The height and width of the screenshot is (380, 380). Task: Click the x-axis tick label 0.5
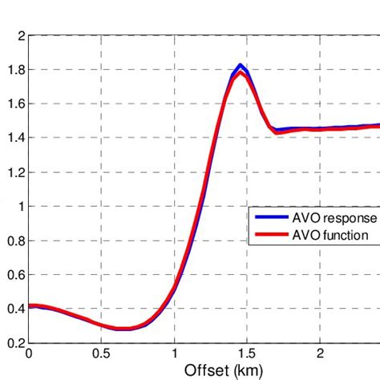point(101,353)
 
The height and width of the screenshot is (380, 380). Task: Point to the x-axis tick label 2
point(319,353)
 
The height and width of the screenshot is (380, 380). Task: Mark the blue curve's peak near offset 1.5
point(241,66)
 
